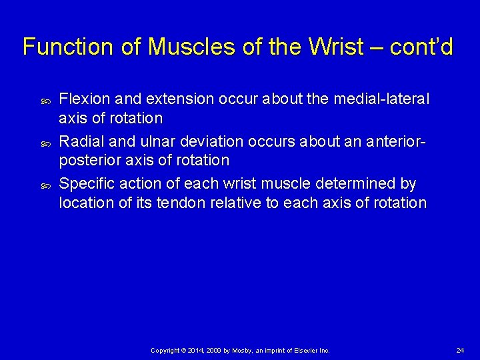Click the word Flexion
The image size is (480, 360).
coord(83,99)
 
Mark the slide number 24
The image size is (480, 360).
coord(460,350)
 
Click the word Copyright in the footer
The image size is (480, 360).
coord(165,350)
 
